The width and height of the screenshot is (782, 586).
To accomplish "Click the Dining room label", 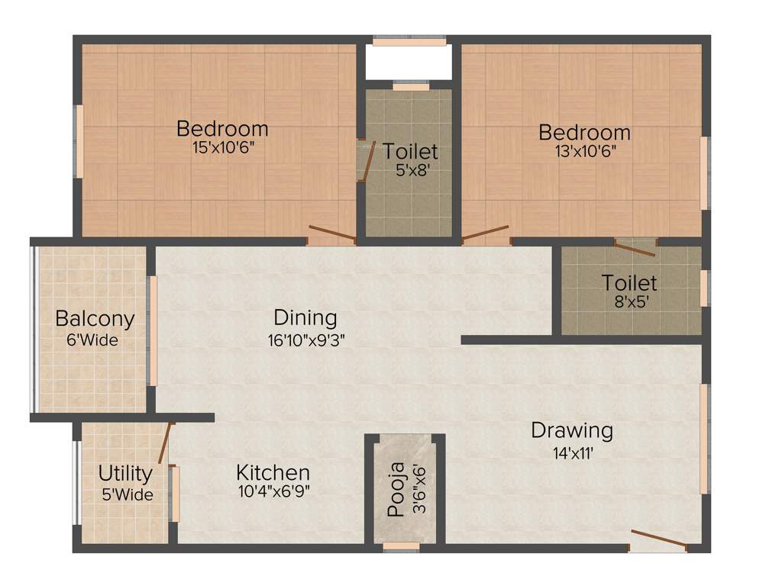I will (x=305, y=317).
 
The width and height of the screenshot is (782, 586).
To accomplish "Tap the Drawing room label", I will (x=572, y=431).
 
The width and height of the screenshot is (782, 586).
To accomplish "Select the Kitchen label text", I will (x=273, y=473).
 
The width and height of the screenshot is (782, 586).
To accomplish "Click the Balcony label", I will (x=95, y=319).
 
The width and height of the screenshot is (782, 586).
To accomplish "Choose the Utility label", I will (x=125, y=474).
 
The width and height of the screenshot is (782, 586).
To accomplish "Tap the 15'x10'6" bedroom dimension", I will (x=223, y=147).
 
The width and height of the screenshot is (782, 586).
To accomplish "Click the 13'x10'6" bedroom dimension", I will (x=585, y=151).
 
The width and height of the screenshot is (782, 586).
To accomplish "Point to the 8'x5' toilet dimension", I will (x=629, y=301).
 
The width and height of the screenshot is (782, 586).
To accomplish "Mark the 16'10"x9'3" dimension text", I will (x=306, y=340).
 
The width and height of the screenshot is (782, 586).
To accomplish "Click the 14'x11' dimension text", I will (x=573, y=452).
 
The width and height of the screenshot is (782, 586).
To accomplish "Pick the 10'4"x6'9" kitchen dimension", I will (x=273, y=491).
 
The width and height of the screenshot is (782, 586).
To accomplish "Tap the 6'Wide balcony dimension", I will (x=92, y=340).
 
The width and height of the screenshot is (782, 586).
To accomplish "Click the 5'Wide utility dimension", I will (x=127, y=494).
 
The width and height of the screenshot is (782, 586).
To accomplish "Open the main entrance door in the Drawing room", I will (x=658, y=540).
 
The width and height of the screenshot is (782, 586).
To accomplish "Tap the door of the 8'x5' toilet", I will (x=635, y=247).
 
